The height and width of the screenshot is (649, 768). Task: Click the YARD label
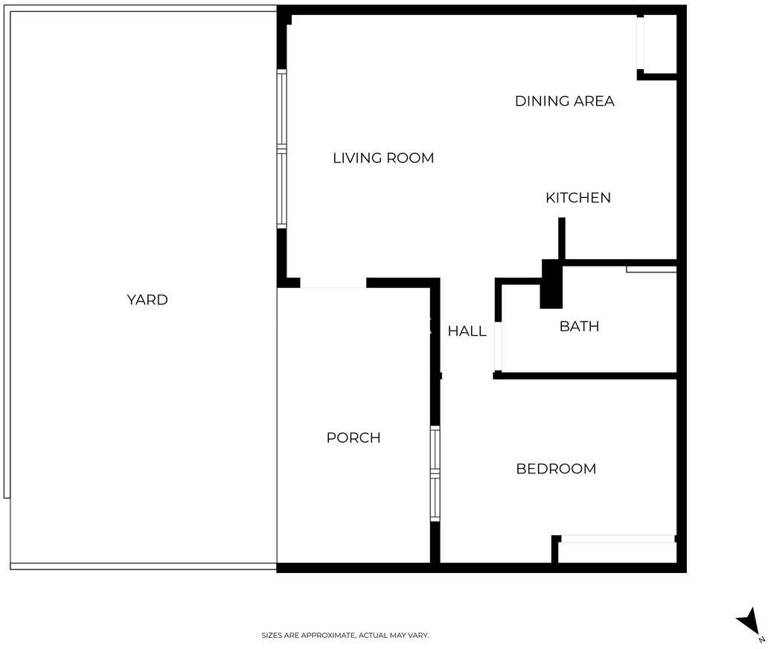(147, 299)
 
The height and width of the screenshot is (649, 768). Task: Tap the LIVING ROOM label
(383, 159)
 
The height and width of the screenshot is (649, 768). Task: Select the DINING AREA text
(564, 101)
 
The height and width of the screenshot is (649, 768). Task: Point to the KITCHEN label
(578, 197)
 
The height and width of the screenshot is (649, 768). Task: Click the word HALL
(467, 331)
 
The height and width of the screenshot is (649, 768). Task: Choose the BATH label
(579, 326)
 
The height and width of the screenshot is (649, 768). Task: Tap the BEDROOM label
(556, 469)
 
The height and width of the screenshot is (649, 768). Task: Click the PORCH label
(353, 438)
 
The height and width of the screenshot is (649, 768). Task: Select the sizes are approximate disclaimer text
(345, 636)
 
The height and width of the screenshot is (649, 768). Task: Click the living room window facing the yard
(281, 149)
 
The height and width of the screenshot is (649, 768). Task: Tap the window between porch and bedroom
(435, 473)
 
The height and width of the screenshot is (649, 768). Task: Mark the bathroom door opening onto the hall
(498, 346)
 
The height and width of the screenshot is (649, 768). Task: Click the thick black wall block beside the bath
(551, 284)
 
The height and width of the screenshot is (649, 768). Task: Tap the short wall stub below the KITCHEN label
(562, 239)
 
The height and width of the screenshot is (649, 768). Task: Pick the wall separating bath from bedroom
(585, 376)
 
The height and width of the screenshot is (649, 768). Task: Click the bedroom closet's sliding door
(618, 539)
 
